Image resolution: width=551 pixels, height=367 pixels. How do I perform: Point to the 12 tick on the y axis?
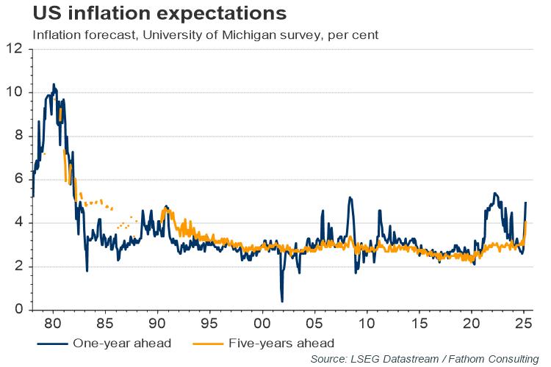[15, 49]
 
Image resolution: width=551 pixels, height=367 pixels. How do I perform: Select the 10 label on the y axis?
[15, 92]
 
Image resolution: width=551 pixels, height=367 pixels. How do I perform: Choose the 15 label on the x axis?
[419, 323]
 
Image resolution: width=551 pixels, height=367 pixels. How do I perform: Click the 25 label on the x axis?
[523, 323]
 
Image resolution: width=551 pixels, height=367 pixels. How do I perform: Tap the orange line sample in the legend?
[209, 343]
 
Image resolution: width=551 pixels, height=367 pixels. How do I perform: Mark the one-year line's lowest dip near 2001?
[282, 301]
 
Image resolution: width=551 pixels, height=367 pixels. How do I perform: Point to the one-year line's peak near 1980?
[54, 84]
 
